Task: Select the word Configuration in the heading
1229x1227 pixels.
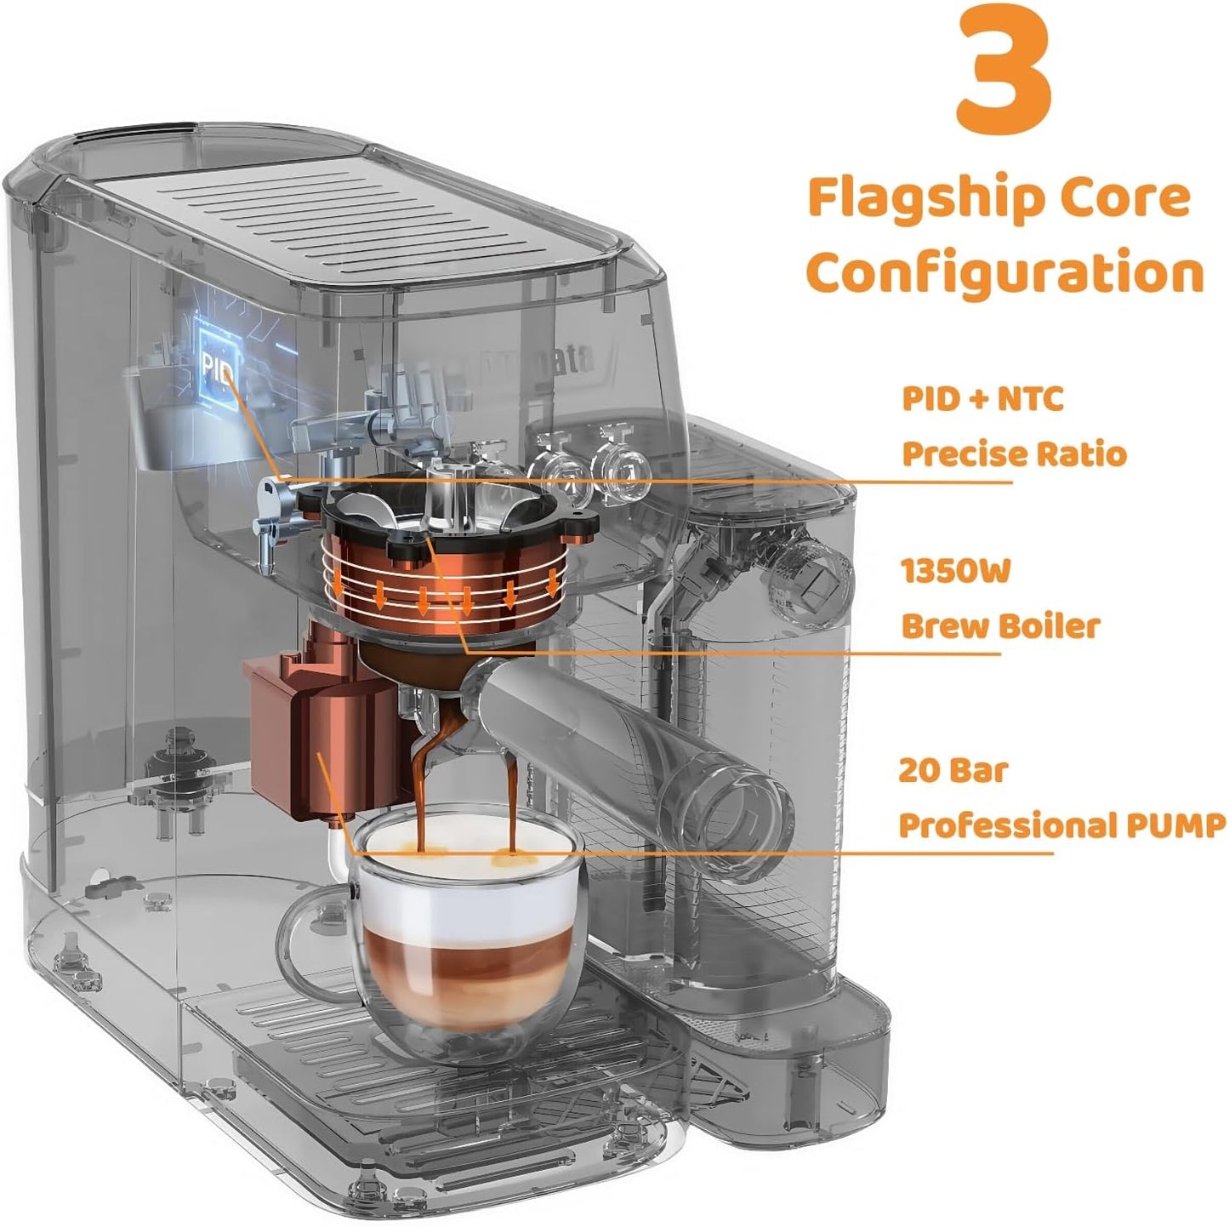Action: pos(1004,272)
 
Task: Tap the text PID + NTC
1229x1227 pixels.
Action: pos(982,398)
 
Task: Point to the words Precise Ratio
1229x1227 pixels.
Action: pos(1014,454)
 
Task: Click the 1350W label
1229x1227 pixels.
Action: pos(955,571)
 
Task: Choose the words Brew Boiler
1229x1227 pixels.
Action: pos(1000,626)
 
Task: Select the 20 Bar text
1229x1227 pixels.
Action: pos(953,771)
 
